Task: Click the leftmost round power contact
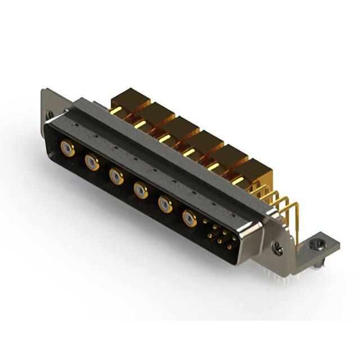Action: pyautogui.click(x=67, y=149)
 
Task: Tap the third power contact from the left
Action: pyautogui.click(x=116, y=177)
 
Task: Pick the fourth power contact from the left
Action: pyautogui.click(x=141, y=191)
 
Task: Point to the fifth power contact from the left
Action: pyautogui.click(x=165, y=205)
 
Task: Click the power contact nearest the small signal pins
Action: pyautogui.click(x=190, y=218)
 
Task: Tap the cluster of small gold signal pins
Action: pyautogui.click(x=220, y=235)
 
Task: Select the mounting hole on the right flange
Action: pyautogui.click(x=276, y=246)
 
